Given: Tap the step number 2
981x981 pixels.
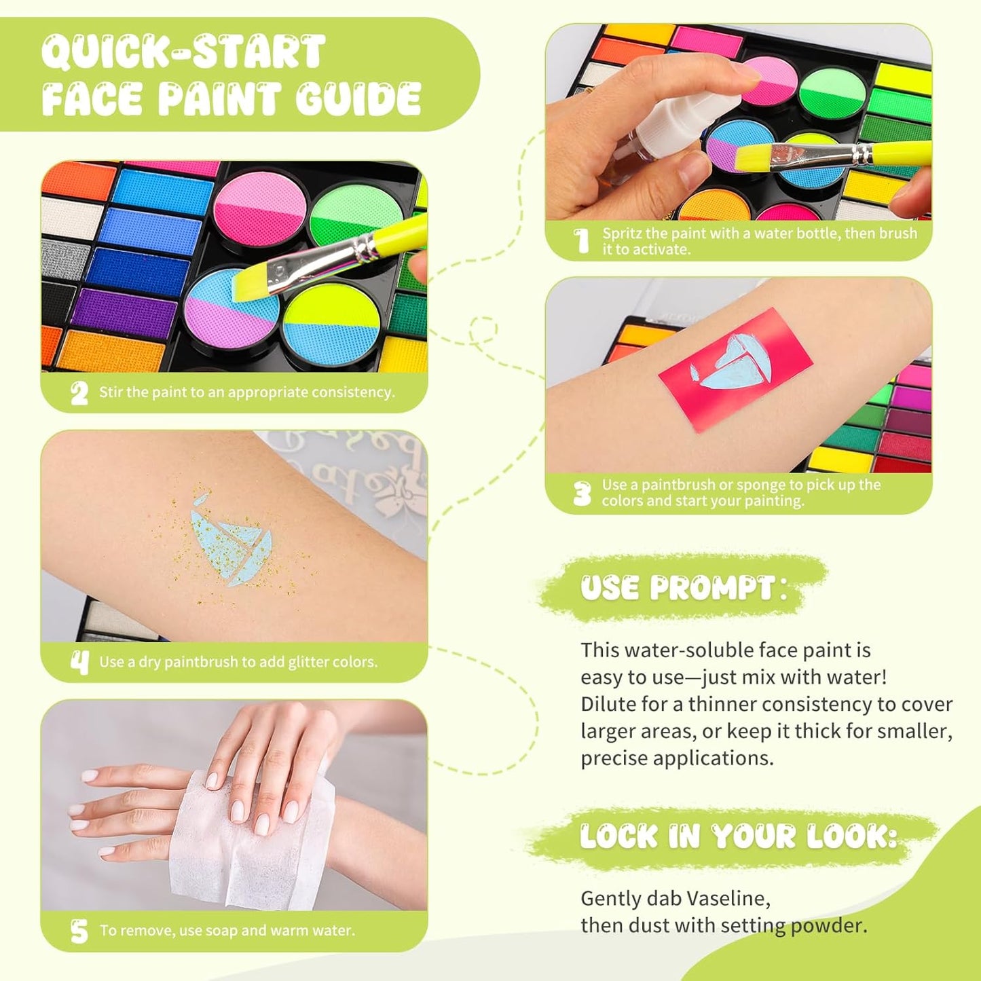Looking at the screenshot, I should pyautogui.click(x=79, y=392).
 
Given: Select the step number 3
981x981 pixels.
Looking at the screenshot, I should pyautogui.click(x=582, y=494).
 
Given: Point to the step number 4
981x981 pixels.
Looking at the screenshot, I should pyautogui.click(x=79, y=662).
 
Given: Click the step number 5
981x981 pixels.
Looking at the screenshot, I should pyautogui.click(x=79, y=931).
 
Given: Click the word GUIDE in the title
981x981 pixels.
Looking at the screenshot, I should pyautogui.click(x=358, y=99).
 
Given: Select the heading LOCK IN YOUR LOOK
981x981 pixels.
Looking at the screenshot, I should pyautogui.click(x=739, y=836).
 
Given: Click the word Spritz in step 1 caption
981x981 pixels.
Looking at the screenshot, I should pyautogui.click(x=621, y=234).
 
